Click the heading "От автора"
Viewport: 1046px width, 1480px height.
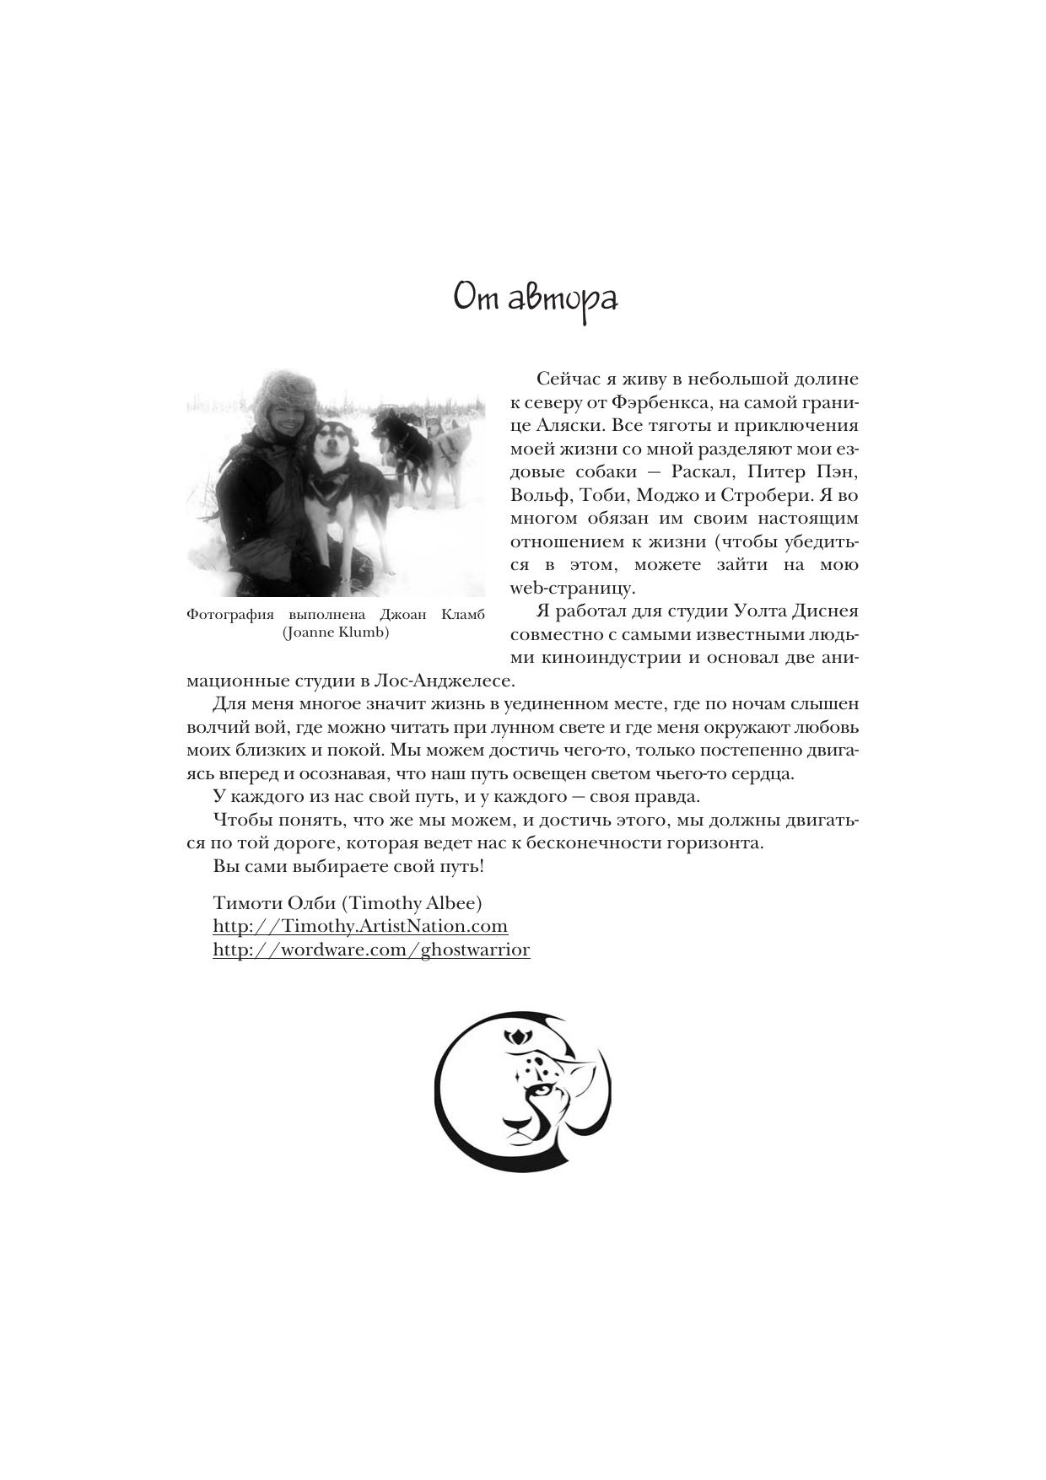click(x=536, y=299)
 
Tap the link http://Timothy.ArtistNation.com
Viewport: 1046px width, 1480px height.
click(x=360, y=926)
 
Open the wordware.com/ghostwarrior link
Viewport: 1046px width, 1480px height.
click(x=371, y=950)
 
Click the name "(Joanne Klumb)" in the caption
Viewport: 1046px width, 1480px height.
click(x=336, y=632)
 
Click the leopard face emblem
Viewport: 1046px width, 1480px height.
click(x=523, y=1090)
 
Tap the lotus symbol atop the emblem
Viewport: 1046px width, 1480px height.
click(x=514, y=1037)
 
